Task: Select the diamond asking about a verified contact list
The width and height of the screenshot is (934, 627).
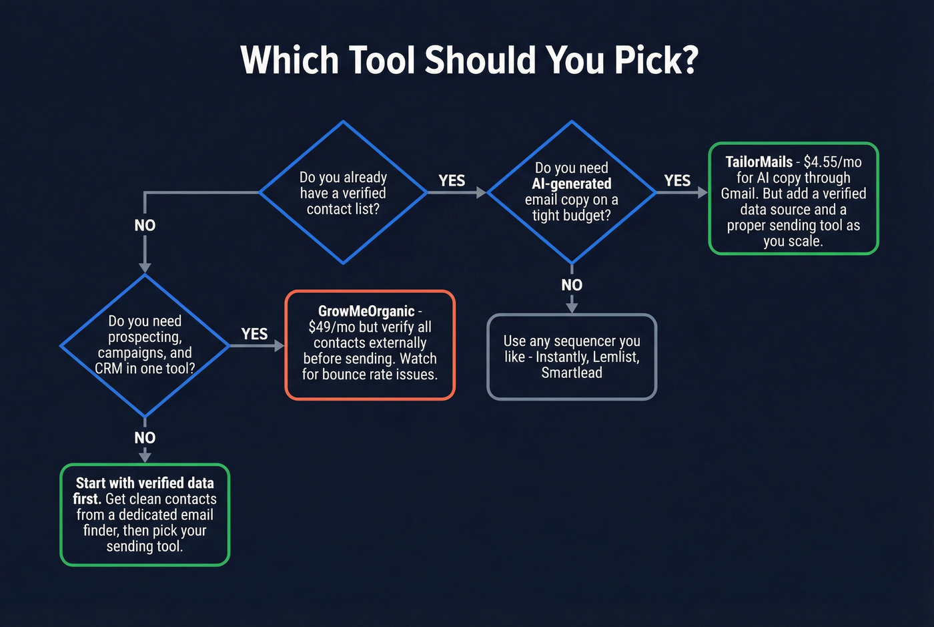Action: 343,193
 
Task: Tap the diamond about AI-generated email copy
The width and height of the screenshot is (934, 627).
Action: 572,192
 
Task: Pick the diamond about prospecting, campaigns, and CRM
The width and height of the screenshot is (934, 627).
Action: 145,345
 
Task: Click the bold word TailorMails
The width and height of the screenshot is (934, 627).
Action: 759,162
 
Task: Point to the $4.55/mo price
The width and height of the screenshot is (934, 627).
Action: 833,162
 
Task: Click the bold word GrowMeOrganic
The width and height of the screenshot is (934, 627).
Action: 366,311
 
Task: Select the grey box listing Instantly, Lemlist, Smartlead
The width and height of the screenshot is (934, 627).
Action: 572,357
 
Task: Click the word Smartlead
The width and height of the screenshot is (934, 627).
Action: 572,373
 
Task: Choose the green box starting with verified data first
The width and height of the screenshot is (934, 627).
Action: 145,515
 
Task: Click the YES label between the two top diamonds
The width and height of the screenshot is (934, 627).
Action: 452,181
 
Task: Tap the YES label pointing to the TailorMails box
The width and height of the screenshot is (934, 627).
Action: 677,181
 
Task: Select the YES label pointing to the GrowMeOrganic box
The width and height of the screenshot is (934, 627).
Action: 254,334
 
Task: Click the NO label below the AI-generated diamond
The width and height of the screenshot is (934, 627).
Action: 572,285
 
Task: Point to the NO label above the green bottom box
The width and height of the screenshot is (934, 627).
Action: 145,438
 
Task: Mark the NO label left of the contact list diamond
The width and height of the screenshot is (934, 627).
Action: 145,226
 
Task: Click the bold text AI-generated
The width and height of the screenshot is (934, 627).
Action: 572,184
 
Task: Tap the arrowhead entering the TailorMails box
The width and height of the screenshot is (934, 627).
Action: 703,192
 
